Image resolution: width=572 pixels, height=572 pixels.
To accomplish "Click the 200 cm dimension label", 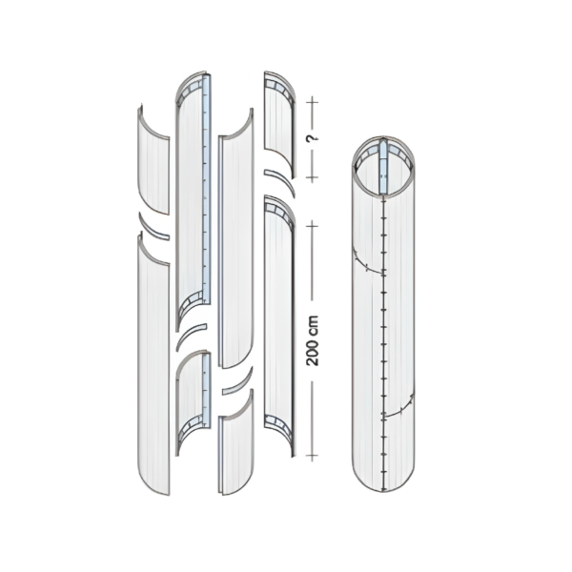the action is tap(313, 340).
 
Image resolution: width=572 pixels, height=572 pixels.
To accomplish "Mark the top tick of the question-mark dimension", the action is tap(312, 102).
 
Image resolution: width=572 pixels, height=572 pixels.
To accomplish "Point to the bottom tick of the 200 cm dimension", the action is tap(312, 456).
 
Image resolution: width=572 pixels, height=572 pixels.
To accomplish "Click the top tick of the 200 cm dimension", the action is tap(312, 226).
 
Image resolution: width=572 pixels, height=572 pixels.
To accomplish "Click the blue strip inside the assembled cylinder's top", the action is tap(383, 168).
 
